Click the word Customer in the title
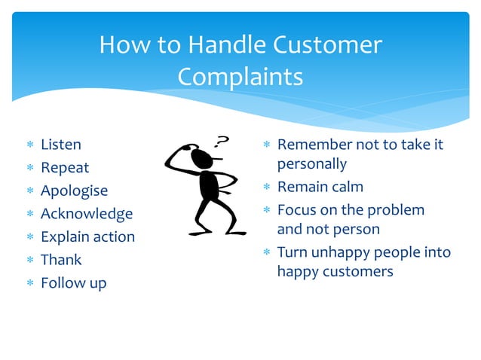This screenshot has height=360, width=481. click(328, 45)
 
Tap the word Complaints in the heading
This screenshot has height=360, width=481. click(240, 77)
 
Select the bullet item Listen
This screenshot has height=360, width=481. click(60, 144)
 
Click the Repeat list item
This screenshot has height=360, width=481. click(64, 167)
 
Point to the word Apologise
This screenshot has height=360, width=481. click(74, 191)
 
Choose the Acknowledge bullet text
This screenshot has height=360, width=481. click(86, 213)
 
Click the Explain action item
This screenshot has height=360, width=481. click(87, 236)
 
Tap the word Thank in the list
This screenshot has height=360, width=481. click(61, 260)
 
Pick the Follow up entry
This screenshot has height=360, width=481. click(73, 283)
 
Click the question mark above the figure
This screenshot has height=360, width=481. click(222, 141)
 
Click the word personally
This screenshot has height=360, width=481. click(311, 163)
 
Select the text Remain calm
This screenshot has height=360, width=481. click(320, 187)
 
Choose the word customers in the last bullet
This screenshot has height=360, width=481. click(357, 271)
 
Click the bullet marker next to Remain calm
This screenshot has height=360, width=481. click(266, 188)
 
